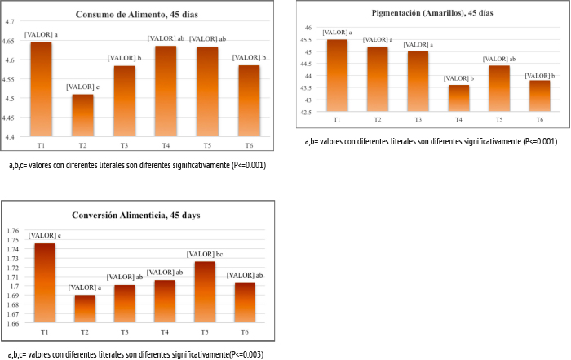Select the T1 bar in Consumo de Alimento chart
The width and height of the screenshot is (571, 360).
(41, 89)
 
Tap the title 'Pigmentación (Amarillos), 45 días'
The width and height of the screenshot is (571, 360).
(432, 13)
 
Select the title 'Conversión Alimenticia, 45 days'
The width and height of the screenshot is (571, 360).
(137, 216)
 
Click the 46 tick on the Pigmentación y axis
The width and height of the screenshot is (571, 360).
(308, 28)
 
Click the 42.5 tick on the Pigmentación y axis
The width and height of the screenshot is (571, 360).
(306, 113)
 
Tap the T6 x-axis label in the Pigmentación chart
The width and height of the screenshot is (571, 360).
(540, 120)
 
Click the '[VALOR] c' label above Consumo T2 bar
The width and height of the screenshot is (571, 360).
(83, 87)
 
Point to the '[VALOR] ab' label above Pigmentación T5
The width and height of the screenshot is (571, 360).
(499, 59)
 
